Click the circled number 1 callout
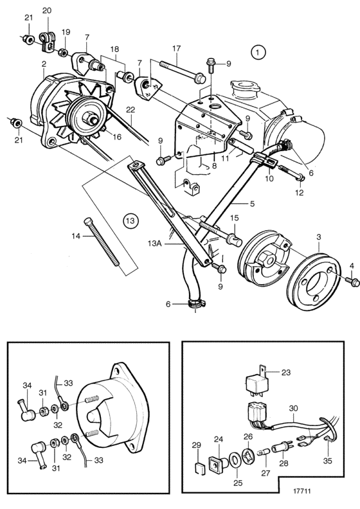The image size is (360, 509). [258, 52]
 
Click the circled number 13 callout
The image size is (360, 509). [130, 220]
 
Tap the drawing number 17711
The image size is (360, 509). [301, 491]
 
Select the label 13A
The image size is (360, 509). [154, 244]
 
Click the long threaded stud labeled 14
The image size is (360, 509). [103, 242]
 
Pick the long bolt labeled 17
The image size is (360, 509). [182, 71]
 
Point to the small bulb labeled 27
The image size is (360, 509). [263, 451]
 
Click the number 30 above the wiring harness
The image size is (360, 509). [292, 408]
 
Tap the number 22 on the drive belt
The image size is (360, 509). [130, 110]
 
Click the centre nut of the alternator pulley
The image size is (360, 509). [89, 118]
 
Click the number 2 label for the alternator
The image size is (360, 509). [44, 64]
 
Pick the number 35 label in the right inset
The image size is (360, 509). [328, 460]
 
